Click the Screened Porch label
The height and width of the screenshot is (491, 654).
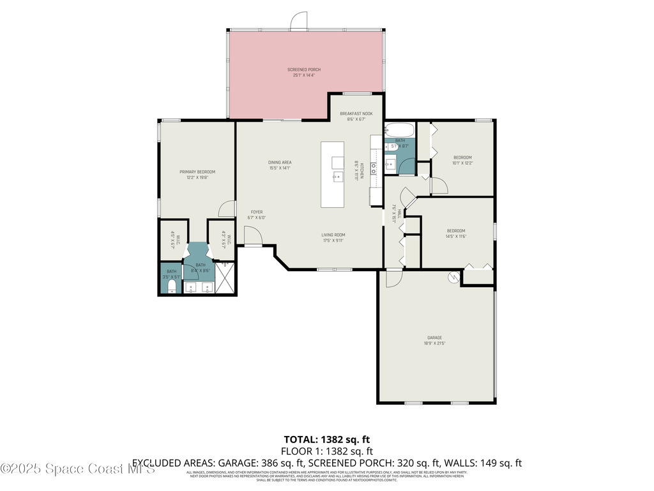(304, 70)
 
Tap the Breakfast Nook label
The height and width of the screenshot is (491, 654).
(356, 114)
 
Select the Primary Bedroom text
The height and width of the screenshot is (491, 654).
(197, 172)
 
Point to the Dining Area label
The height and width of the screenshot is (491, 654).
(280, 162)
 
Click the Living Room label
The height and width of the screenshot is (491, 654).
(333, 235)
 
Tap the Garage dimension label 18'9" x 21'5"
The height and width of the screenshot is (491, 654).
(435, 343)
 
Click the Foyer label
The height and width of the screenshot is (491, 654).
(256, 212)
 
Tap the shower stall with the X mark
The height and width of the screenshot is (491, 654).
(225, 278)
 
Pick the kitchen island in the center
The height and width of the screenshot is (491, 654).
(332, 174)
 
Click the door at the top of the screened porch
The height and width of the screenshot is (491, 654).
(298, 22)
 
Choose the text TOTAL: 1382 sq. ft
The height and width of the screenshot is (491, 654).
(326, 439)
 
